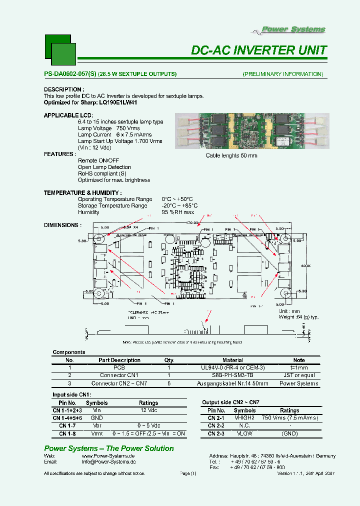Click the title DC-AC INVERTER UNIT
[x=259, y=50]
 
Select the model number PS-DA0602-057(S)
[x=70, y=74]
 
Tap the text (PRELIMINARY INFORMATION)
[x=282, y=74]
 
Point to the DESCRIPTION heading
[x=62, y=89]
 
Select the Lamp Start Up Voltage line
[x=120, y=141]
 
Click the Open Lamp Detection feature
[x=104, y=167]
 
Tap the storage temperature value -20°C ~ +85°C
[x=179, y=205]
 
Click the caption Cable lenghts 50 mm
[x=231, y=155]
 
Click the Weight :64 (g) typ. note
[x=298, y=317]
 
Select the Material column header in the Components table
[x=232, y=360]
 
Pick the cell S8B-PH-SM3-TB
[x=232, y=375]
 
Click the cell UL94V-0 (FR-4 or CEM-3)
[x=232, y=367]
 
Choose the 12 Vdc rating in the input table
[x=148, y=410]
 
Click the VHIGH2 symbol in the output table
[x=245, y=417]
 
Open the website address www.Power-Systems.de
[x=108, y=456]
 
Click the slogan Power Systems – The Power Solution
[x=109, y=448]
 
